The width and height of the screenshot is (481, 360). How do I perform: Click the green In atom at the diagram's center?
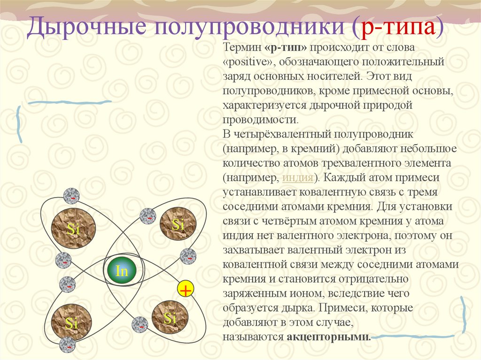pos(121,271)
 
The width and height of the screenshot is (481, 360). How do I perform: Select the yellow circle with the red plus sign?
pos(186,291)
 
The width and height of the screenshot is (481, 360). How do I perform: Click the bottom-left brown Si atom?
pos(71,322)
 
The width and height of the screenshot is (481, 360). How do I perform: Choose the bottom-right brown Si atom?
pos(170,319)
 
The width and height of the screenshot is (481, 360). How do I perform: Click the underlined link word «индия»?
pos(298,178)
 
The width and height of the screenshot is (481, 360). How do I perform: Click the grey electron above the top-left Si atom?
pos(72,196)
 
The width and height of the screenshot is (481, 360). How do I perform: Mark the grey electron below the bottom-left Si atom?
pos(68,345)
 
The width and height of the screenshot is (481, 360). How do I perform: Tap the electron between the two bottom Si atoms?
pos(140,324)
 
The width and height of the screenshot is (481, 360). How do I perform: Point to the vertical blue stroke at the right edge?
pos(464,314)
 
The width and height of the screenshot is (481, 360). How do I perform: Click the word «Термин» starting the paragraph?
pos(242,48)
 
